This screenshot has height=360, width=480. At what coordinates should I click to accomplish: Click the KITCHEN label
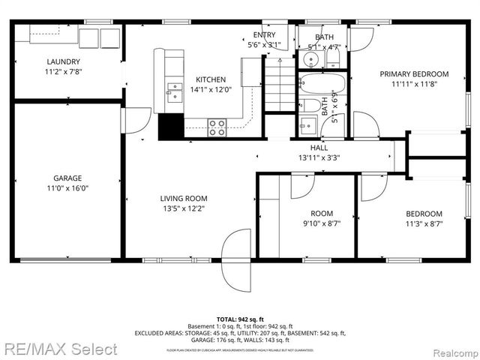click(210, 80)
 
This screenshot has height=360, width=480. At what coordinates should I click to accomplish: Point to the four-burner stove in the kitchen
click(217, 127)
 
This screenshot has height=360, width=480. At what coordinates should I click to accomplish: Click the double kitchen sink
click(174, 91)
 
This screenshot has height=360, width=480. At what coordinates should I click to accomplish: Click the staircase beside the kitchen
click(280, 84)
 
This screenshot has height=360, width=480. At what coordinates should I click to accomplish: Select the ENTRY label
click(264, 35)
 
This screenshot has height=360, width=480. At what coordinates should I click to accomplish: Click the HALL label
click(319, 148)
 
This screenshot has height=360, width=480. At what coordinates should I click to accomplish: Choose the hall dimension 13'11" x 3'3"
click(319, 157)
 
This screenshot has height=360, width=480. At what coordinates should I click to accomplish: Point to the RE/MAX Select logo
click(59, 349)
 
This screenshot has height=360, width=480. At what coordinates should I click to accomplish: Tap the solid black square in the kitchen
click(171, 127)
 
